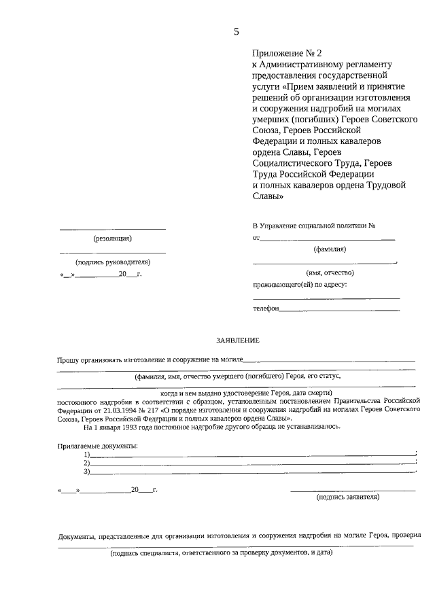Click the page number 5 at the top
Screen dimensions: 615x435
point(237,31)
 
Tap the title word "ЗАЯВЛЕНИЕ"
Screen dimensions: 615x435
point(237,339)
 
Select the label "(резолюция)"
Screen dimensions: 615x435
point(112,239)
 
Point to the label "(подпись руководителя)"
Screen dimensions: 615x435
point(113,262)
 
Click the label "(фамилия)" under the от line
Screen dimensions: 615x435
point(330,249)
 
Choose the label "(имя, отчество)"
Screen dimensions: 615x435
point(330,273)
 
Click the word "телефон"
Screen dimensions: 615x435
point(266,308)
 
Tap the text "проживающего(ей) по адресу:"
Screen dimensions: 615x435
point(300,284)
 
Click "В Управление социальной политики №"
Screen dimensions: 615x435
point(314,226)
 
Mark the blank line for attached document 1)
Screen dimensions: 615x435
point(251,455)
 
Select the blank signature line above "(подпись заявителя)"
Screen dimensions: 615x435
point(353,490)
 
